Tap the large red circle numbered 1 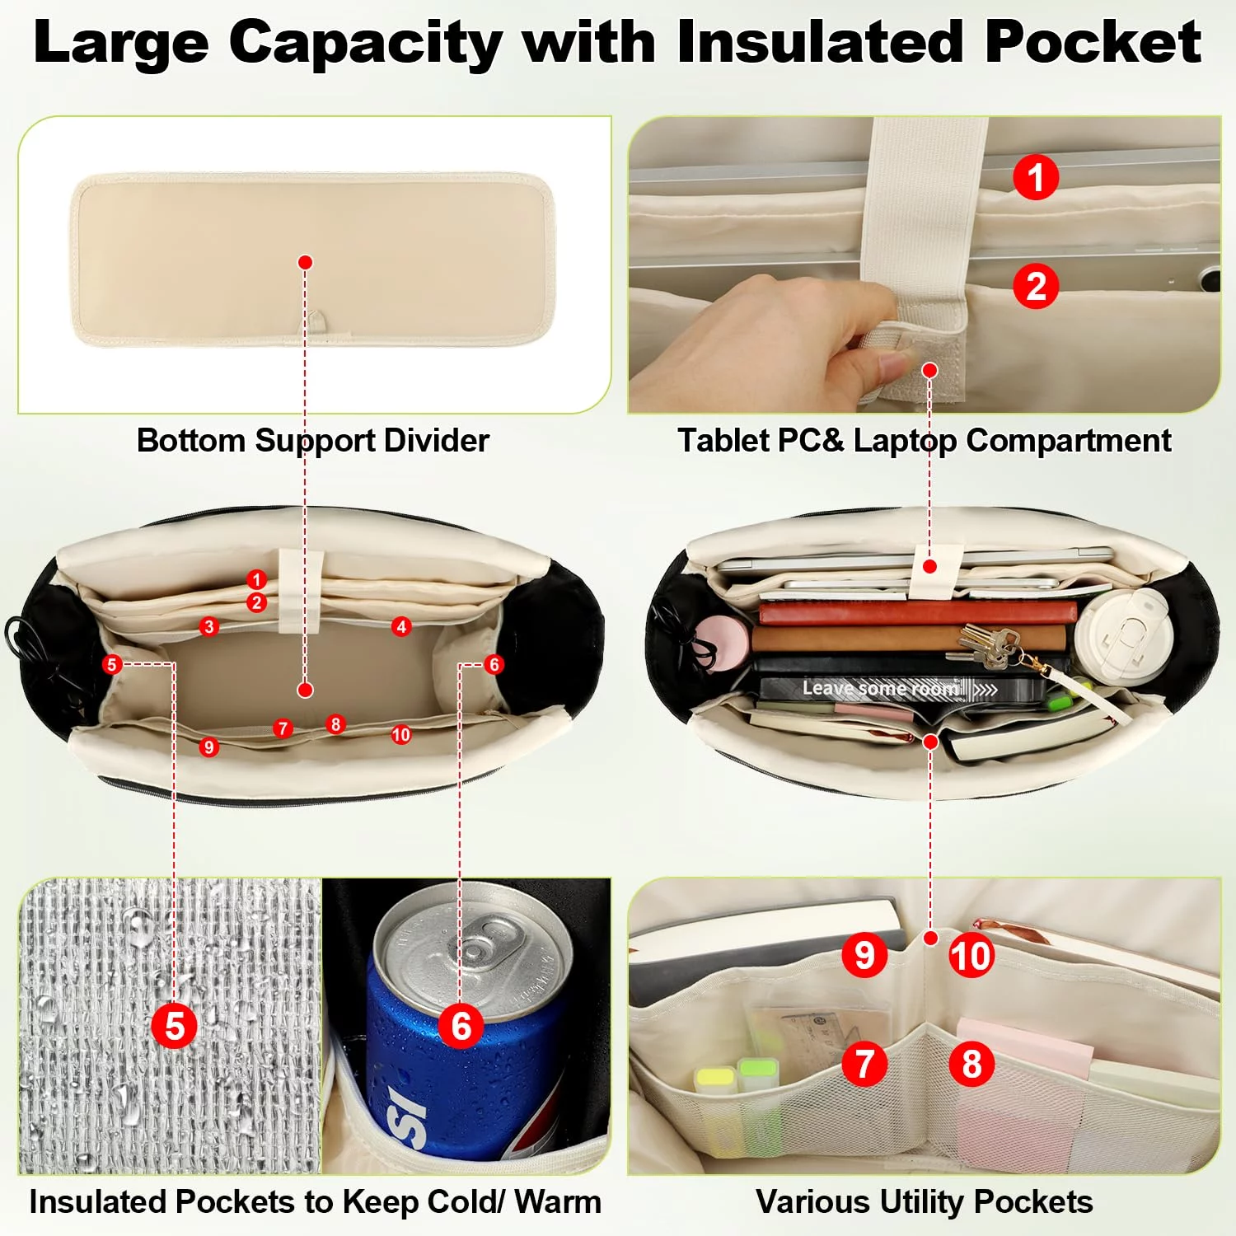point(1036,177)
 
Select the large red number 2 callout point(1036,286)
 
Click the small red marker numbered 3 point(208,627)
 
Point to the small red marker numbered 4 point(401,627)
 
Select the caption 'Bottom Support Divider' point(313,441)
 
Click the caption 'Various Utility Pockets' point(925,1202)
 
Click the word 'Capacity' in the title point(366,44)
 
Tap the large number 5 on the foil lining point(175,1027)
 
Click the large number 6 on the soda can point(461,1027)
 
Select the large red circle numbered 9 point(864,956)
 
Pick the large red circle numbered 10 point(971,956)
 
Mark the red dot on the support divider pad point(306,262)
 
